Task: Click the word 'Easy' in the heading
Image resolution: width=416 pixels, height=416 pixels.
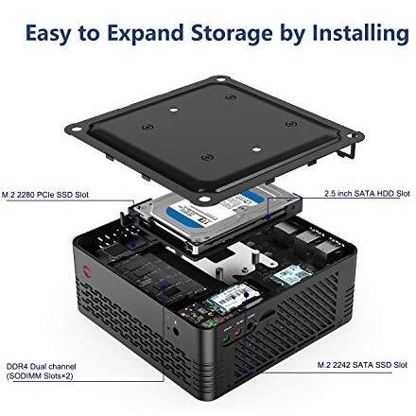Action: [48, 34]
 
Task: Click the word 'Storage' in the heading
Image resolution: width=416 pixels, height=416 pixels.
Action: [231, 34]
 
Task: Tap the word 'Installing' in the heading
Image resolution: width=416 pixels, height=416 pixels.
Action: [360, 34]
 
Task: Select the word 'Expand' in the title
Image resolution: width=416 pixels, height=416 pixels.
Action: [131, 34]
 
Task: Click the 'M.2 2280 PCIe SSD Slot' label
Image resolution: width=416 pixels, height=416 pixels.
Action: [46, 196]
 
